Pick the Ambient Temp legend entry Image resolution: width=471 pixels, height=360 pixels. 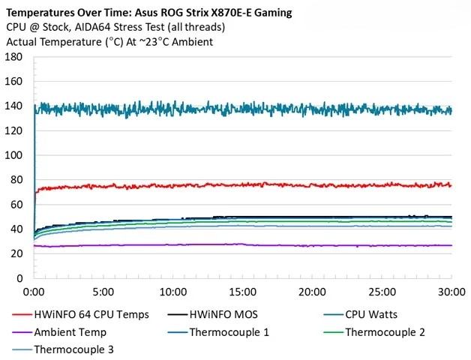[x=70, y=332]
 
